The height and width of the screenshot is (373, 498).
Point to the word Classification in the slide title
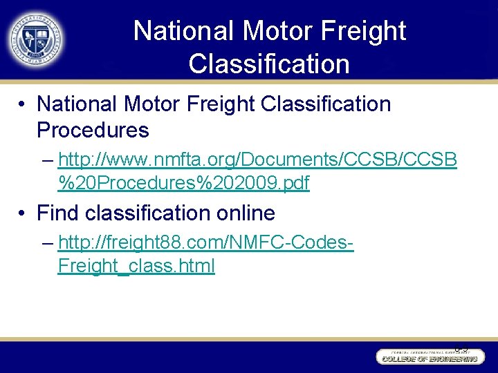pos(268,64)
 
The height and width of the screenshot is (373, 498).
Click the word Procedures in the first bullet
pos(93,130)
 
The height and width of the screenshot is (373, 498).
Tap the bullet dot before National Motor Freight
pos(23,105)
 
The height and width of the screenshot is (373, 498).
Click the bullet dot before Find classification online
pos(23,213)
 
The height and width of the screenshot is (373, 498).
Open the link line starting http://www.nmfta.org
pos(257,160)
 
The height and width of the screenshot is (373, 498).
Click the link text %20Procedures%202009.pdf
pos(184,183)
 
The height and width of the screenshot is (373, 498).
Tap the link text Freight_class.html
pos(136,266)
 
